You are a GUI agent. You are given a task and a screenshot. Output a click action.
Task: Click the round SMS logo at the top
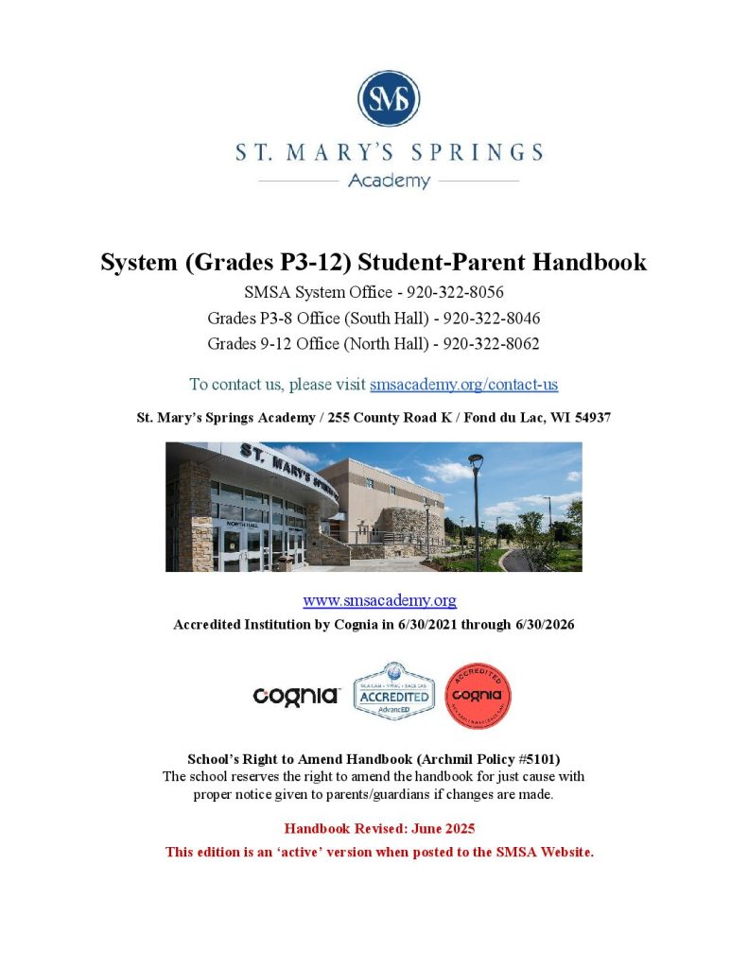click(x=388, y=98)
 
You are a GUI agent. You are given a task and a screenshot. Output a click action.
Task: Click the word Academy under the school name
click(x=388, y=180)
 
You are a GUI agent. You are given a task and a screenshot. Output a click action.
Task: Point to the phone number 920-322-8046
click(x=491, y=318)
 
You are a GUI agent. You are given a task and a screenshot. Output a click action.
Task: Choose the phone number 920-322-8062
click(x=491, y=343)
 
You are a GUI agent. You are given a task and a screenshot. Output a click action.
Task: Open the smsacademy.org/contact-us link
click(x=463, y=384)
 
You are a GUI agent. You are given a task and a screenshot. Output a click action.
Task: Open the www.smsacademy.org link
click(x=379, y=599)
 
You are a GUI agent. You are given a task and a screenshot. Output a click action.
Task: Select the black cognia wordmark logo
click(x=296, y=696)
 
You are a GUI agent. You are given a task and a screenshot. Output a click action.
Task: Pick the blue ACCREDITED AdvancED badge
click(x=393, y=693)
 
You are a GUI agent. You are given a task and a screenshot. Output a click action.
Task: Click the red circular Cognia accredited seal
click(x=478, y=695)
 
